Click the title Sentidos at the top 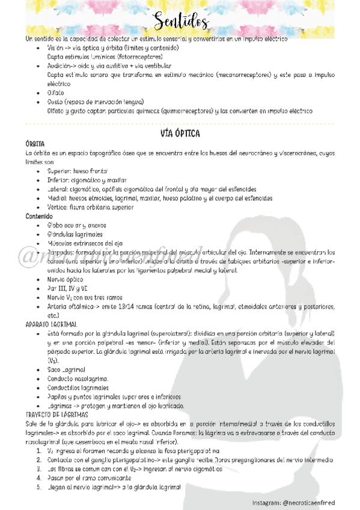[x=180, y=22]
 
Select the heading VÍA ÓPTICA [x=180, y=133]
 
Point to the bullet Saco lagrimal [x=66, y=369]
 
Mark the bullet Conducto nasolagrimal [x=78, y=378]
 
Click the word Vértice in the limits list [x=59, y=207]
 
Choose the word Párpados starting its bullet [x=62, y=253]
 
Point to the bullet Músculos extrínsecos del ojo [x=80, y=243]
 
